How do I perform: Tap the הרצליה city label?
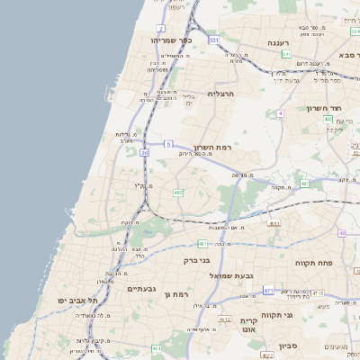click(220, 94)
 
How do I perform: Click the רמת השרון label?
click(212, 146)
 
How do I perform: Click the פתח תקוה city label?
click(312, 262)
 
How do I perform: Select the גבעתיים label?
click(142, 288)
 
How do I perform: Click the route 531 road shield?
click(213, 40)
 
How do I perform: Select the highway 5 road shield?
click(167, 144)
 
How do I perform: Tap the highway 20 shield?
click(144, 153)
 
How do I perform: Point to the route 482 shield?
click(178, 193)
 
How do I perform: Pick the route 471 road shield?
click(268, 290)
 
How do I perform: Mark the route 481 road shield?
click(202, 243)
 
